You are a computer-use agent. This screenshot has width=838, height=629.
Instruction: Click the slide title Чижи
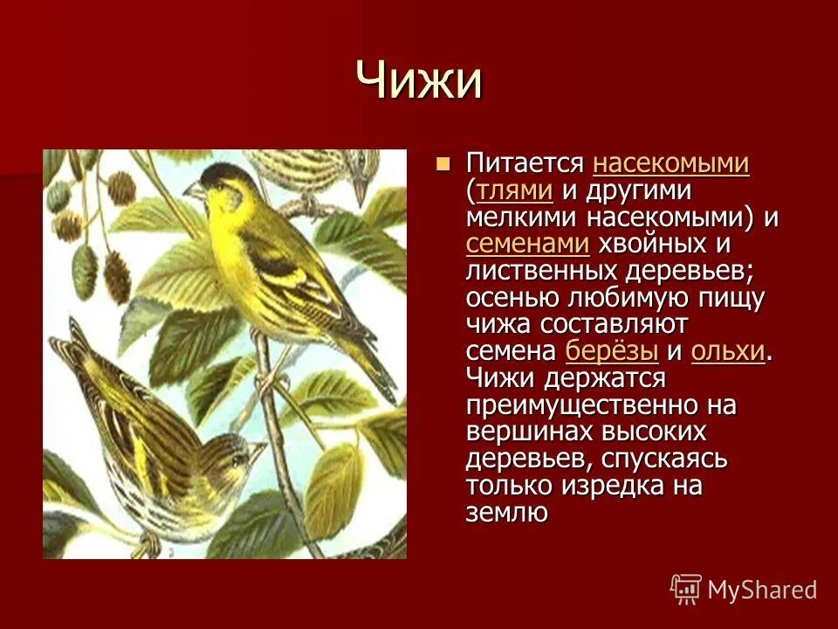(419, 80)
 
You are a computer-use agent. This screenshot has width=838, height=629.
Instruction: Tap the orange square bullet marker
(443, 162)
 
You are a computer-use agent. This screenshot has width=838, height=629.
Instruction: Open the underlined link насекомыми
(670, 163)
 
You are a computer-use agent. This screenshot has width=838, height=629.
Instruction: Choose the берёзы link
(611, 351)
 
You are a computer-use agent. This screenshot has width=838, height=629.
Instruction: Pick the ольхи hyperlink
(727, 351)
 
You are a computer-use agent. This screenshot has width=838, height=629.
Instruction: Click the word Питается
(524, 163)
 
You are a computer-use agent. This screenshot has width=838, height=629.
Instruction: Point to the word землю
(506, 513)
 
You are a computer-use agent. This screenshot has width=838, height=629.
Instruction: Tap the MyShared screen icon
(686, 589)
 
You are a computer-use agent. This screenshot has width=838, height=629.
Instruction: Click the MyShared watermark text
(762, 590)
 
